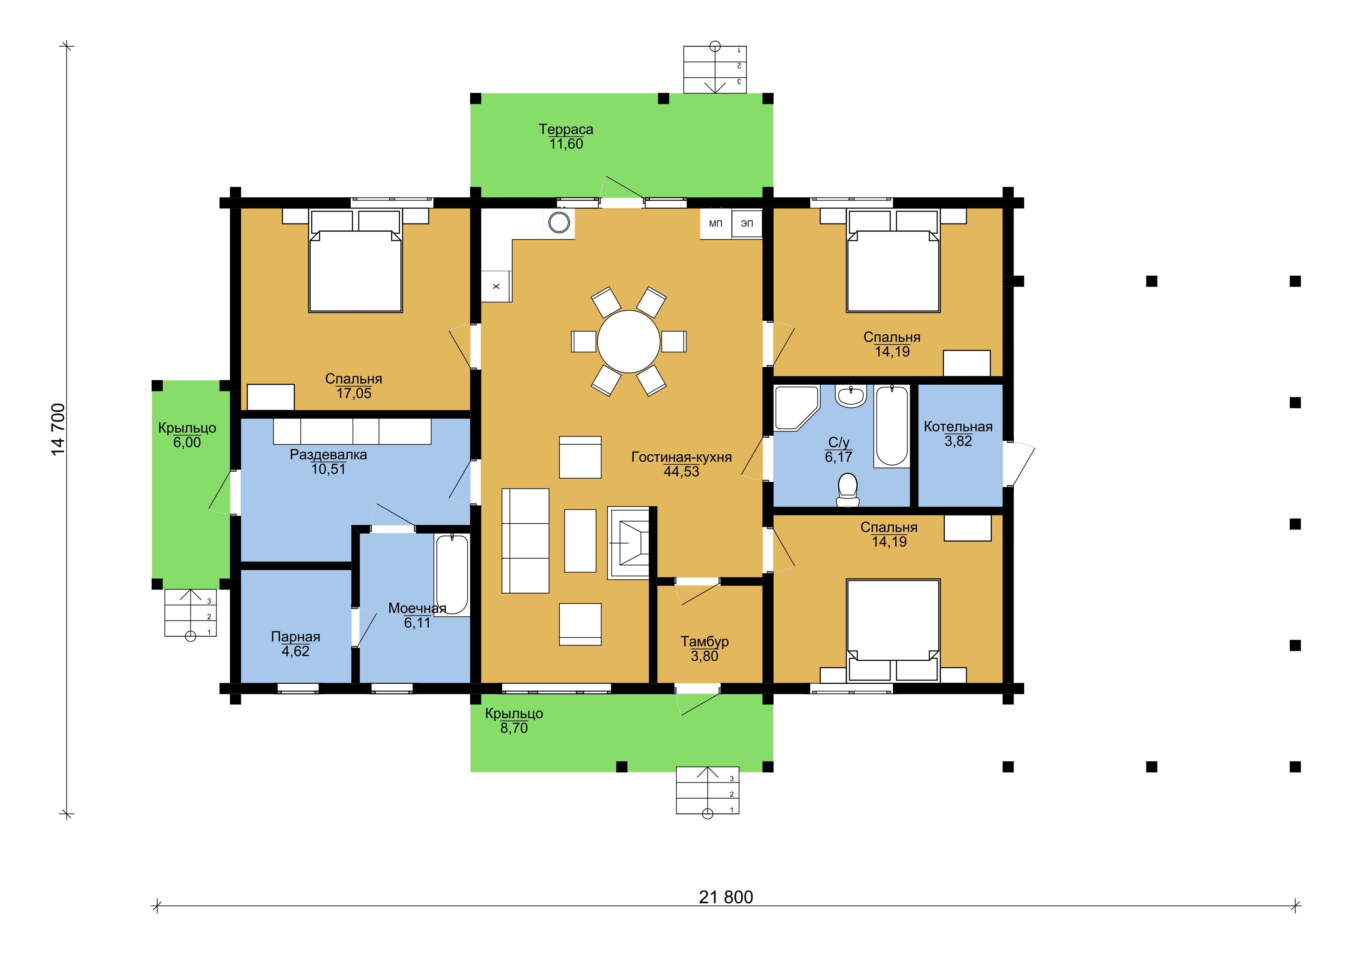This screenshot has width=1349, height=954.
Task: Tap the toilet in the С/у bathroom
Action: pyautogui.click(x=847, y=490)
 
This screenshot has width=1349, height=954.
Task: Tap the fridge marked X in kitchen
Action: pyautogui.click(x=496, y=286)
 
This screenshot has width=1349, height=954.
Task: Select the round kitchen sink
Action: pyautogui.click(x=559, y=223)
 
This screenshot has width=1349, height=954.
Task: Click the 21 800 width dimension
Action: pyautogui.click(x=726, y=897)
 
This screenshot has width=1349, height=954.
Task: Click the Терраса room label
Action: pyautogui.click(x=566, y=129)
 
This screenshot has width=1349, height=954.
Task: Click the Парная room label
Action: pyautogui.click(x=296, y=637)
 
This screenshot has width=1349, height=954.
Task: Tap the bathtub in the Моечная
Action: pyautogui.click(x=452, y=575)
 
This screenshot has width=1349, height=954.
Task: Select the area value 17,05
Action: pyautogui.click(x=354, y=393)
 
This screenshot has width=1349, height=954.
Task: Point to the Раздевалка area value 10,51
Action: pyautogui.click(x=328, y=469)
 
